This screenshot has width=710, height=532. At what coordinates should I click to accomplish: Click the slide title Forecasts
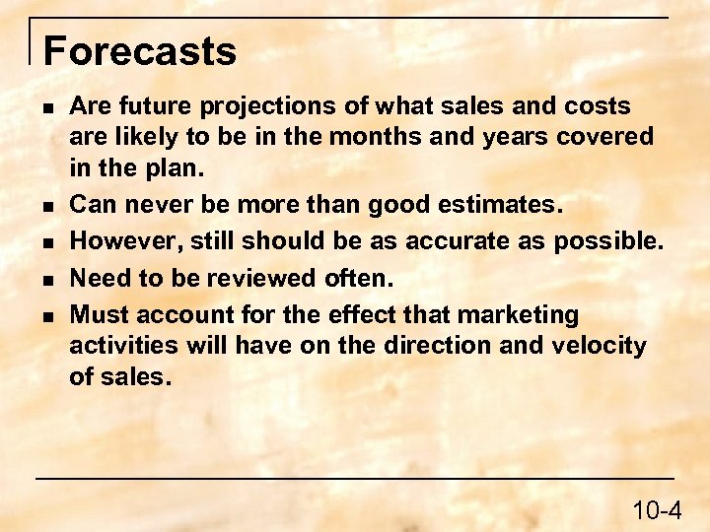click(140, 51)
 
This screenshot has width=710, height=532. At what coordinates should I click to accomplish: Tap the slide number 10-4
click(657, 510)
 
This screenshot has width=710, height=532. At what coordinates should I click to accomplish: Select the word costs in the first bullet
click(597, 106)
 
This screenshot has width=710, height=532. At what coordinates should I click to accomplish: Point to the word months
click(373, 137)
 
